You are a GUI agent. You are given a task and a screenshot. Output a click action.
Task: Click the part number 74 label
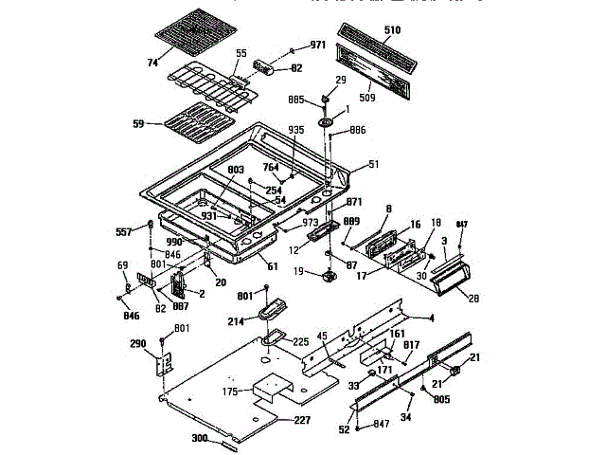coord(151,62)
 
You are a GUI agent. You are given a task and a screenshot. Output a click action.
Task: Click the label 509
coord(366,95)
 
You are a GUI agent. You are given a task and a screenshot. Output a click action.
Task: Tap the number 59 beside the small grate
coord(138,123)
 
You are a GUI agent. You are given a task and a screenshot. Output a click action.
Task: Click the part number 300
coord(199,440)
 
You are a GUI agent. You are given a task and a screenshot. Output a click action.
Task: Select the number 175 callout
coord(230,391)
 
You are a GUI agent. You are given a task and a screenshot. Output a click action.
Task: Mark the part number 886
coord(358,129)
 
